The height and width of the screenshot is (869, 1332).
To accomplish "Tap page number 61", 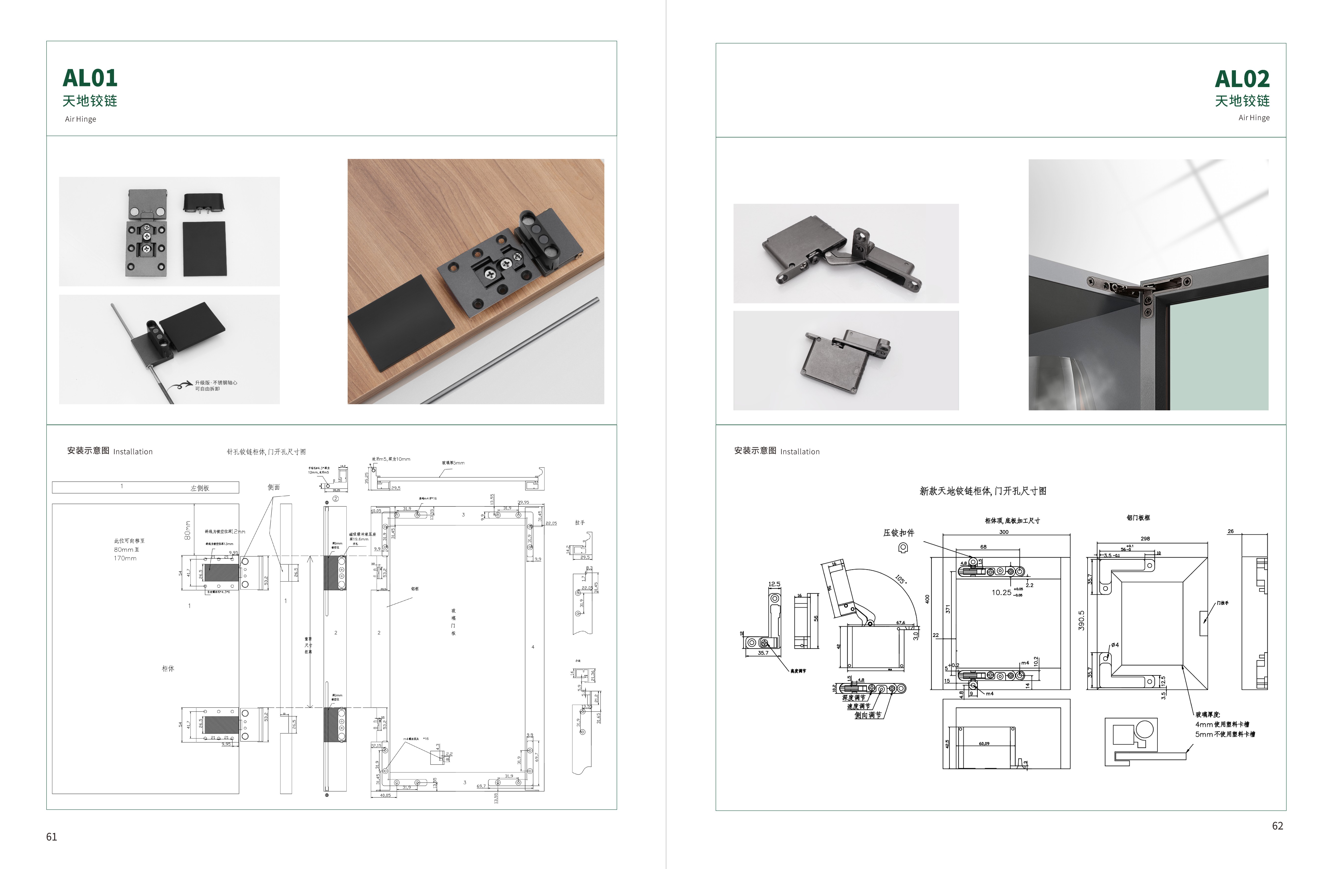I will [51, 837].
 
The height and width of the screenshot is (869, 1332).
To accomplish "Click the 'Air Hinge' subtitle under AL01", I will [81, 119].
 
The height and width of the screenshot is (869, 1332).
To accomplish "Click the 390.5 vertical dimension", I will [1081, 620].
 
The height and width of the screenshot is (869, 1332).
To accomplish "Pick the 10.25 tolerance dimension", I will [1001, 592].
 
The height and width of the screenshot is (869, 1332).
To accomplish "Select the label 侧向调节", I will [867, 715].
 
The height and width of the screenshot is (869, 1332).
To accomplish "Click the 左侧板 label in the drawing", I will [200, 488].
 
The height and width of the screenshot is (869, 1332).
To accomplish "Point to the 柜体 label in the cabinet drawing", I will [168, 669].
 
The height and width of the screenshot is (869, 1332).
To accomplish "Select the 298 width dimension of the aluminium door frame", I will [1145, 539].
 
